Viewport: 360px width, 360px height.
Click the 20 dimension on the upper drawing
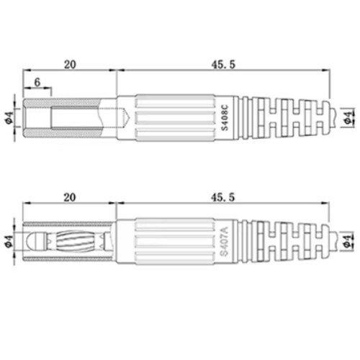tap(70, 64)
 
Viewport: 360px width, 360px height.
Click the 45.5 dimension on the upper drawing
tap(223, 64)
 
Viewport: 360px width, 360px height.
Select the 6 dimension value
tap(37, 82)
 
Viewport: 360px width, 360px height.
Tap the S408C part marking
tap(225, 118)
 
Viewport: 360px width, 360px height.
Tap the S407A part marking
tap(225, 241)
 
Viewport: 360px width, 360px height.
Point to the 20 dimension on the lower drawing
tap(69, 197)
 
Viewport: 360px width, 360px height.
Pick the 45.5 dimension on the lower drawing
tap(222, 197)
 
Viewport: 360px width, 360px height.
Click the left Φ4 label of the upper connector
tap(9, 117)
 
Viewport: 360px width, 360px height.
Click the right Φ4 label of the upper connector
tap(348, 117)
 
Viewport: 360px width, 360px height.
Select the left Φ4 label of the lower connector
tap(9, 242)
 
